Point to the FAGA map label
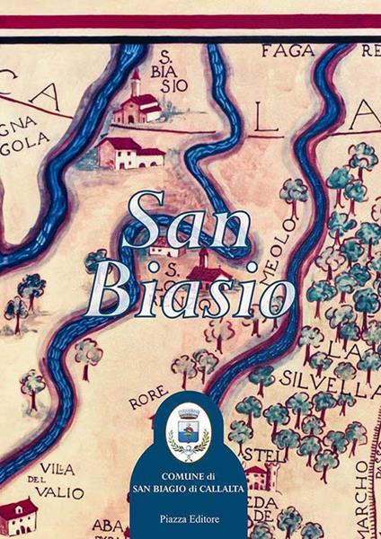[x=288, y=51]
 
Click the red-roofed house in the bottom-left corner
[x=18, y=517]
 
